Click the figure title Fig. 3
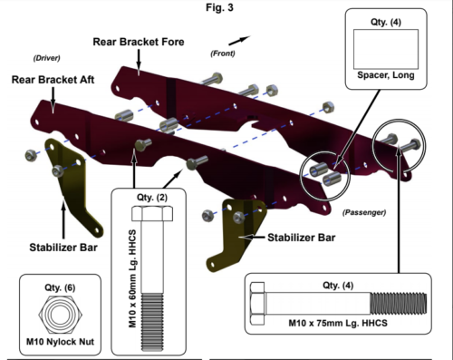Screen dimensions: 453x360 (x=219, y=7)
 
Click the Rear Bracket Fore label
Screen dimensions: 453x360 (x=139, y=42)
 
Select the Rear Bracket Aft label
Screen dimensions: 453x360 (x=53, y=80)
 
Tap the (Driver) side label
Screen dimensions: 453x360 (x=46, y=58)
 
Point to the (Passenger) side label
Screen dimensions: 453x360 (x=364, y=212)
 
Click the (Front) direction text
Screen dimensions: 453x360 (x=223, y=54)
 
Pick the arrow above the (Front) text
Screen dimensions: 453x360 (x=239, y=40)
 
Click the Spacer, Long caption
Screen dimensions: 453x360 (x=386, y=75)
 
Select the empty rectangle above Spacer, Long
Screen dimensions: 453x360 (x=386, y=49)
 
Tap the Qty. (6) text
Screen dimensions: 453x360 (x=60, y=287)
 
